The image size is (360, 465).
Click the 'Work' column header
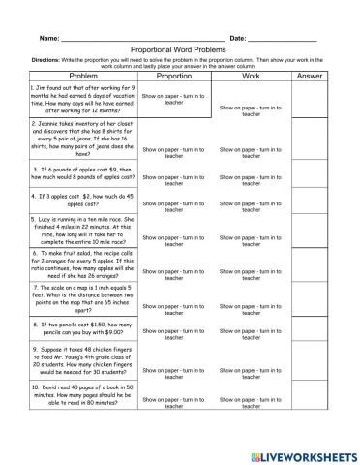point(251,75)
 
